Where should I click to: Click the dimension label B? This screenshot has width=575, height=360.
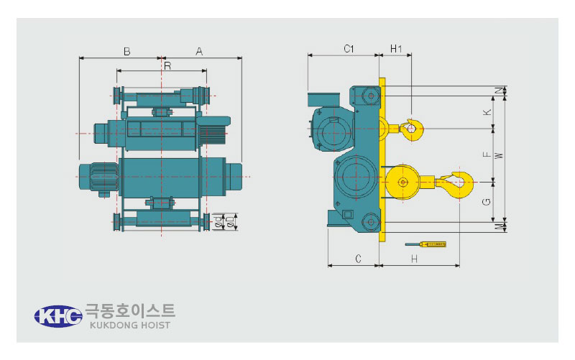tap(127, 51)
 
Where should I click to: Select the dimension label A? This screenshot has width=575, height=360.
tap(199, 51)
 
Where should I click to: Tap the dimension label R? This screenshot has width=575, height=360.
tap(167, 65)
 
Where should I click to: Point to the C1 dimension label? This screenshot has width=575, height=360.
tap(349, 48)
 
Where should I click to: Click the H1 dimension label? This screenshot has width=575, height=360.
tap(396, 48)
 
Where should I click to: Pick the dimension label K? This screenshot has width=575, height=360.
tap(487, 112)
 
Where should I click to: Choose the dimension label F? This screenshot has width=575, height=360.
tap(487, 154)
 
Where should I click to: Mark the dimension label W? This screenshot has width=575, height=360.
tap(499, 155)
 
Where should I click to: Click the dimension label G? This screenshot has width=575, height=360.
tap(487, 202)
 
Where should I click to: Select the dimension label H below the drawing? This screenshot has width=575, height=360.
tap(415, 259)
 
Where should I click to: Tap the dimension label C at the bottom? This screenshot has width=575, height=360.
tap(358, 259)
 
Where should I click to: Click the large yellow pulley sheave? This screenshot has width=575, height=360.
tap(402, 183)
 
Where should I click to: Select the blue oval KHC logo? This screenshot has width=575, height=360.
tap(58, 316)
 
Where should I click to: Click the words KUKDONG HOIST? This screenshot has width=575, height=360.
tap(130, 326)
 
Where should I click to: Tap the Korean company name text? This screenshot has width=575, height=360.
tap(130, 311)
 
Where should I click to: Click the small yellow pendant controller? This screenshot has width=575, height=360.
tap(425, 244)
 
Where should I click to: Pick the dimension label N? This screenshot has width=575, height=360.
tap(500, 91)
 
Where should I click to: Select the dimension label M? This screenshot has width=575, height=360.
tap(500, 227)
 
